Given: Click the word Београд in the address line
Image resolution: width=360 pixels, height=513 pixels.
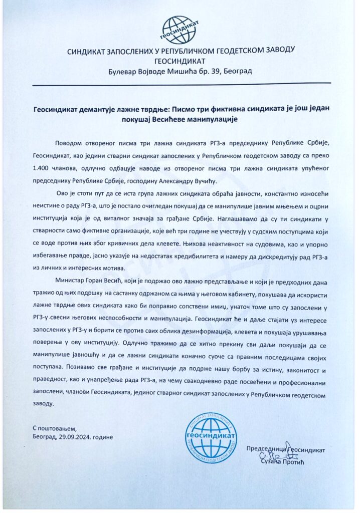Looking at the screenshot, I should [237, 72].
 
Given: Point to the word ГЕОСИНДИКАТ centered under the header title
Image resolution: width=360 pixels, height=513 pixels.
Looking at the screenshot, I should [180, 62].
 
